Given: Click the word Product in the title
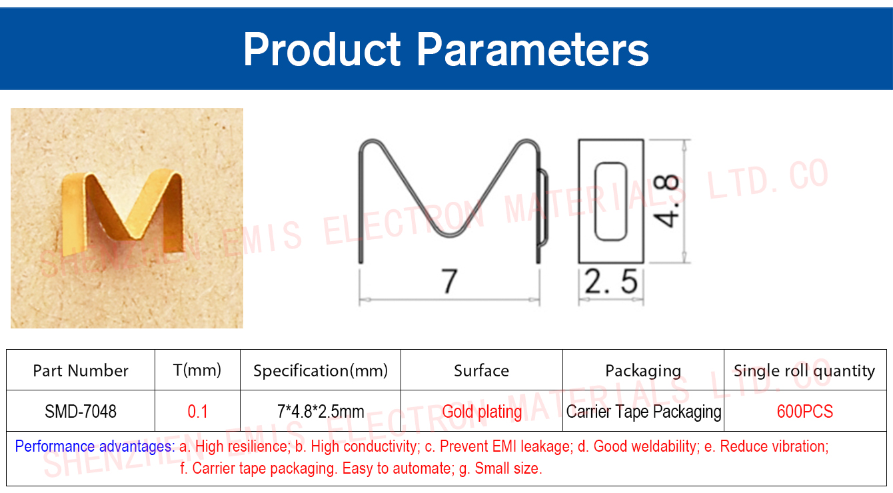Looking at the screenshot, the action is point(322,49).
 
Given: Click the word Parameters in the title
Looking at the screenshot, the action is point(532,49).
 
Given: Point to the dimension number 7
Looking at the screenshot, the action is point(450,280).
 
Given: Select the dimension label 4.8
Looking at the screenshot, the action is point(666,201).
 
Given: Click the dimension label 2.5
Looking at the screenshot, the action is point(610,281).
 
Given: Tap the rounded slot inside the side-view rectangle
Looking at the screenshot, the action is point(610,201).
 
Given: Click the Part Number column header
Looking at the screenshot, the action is point(81,370).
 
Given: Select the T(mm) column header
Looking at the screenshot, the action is point(197,370).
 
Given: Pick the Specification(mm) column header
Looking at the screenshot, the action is point(321,370).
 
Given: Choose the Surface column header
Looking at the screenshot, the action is point(482,370).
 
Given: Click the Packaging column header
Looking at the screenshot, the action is point(643,371).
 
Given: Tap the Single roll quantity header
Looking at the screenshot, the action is point(804,371).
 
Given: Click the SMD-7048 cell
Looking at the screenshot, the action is point(81,411).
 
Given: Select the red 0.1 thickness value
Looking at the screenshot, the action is point(197,411).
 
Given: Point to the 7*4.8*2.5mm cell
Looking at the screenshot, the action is point(321,411).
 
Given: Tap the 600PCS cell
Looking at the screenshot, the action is point(805,411).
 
